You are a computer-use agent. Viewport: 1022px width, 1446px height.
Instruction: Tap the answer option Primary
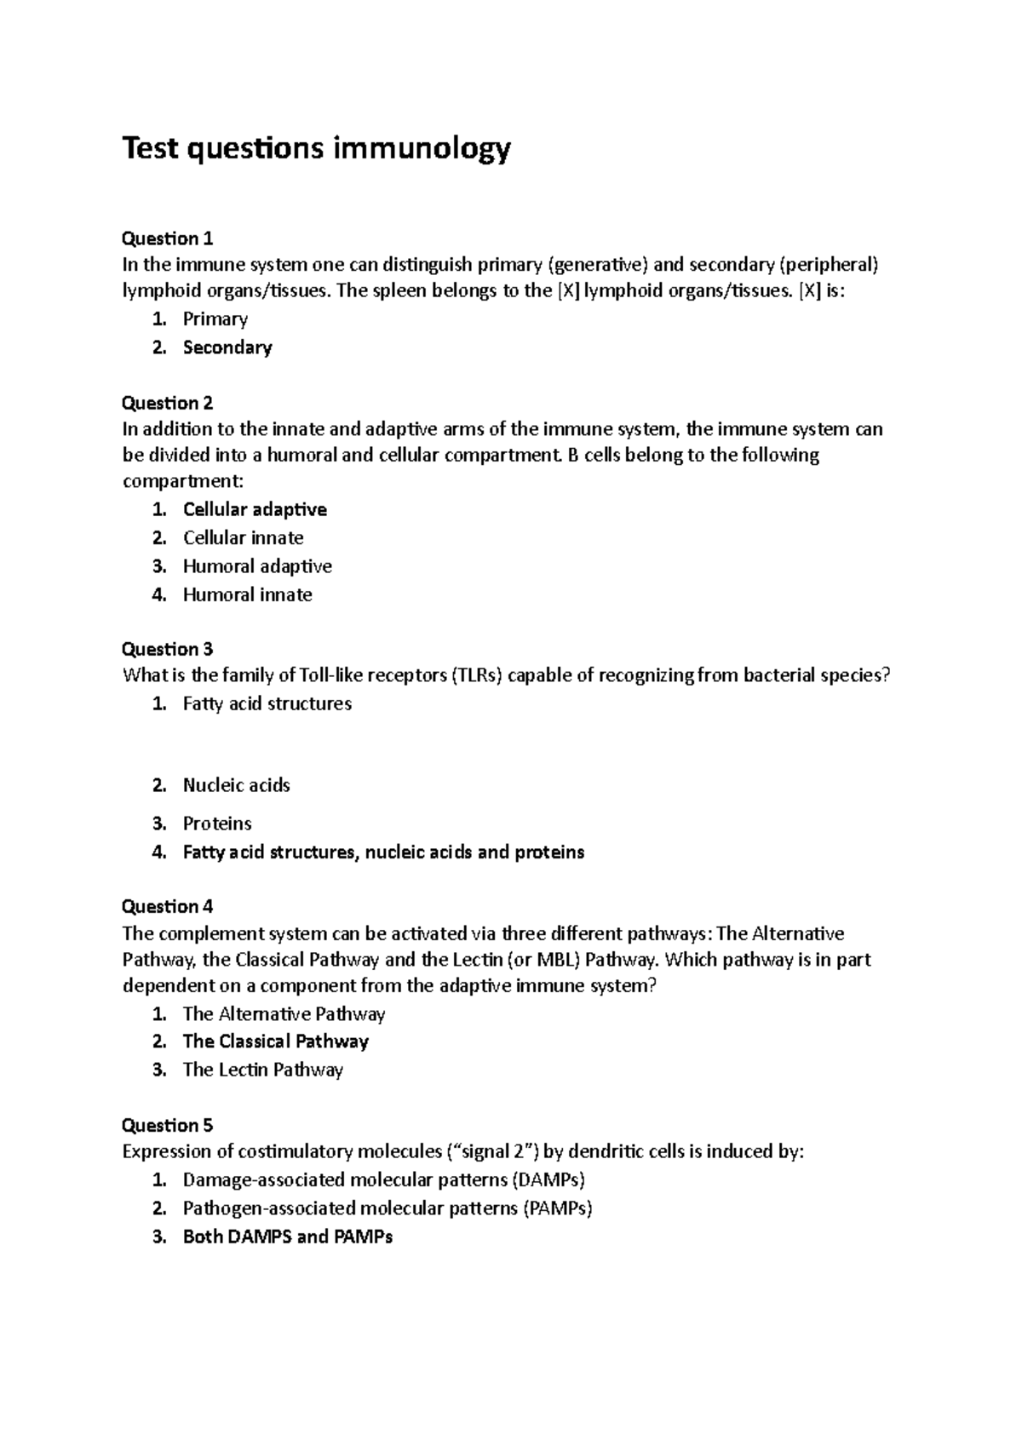pyautogui.click(x=215, y=319)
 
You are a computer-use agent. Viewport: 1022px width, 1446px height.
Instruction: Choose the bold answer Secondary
pyautogui.click(x=227, y=347)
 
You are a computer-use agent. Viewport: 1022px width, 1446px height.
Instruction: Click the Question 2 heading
pyautogui.click(x=168, y=402)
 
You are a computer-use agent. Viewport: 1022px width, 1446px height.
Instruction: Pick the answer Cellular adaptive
pyautogui.click(x=255, y=509)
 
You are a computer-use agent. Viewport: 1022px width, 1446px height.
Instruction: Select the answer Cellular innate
pyautogui.click(x=243, y=537)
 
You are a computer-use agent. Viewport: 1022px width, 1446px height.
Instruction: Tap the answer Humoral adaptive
pyautogui.click(x=257, y=566)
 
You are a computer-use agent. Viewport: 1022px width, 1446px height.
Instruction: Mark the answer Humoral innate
pyautogui.click(x=247, y=594)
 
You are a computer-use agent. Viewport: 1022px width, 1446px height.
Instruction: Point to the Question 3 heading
pyautogui.click(x=168, y=649)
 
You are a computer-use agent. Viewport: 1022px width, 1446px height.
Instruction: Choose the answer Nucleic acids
pyautogui.click(x=236, y=785)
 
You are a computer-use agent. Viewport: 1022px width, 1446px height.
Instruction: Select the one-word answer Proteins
pyautogui.click(x=217, y=823)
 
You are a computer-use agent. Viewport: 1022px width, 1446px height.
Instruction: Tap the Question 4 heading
pyautogui.click(x=168, y=906)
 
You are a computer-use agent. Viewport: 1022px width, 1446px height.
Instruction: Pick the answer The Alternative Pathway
pyautogui.click(x=284, y=1014)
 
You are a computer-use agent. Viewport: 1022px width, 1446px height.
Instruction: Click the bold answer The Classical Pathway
pyautogui.click(x=275, y=1041)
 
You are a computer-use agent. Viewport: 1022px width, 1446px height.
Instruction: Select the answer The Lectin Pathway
pyautogui.click(x=262, y=1070)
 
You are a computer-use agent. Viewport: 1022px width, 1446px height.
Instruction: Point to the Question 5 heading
pyautogui.click(x=168, y=1125)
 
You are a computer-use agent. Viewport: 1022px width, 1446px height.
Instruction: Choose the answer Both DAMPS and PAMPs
pyautogui.click(x=287, y=1237)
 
